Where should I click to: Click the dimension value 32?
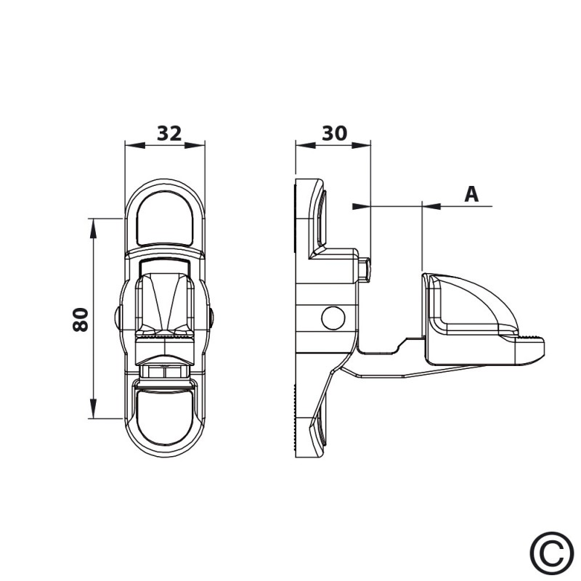169,134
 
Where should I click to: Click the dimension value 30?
334,134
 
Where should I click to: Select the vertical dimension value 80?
81,320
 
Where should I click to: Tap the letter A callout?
471,194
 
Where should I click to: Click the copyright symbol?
552,553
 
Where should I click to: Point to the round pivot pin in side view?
333,318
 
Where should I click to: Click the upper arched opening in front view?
165,219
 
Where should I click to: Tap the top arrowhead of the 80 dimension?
93,228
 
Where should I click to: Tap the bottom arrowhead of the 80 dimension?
93,408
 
